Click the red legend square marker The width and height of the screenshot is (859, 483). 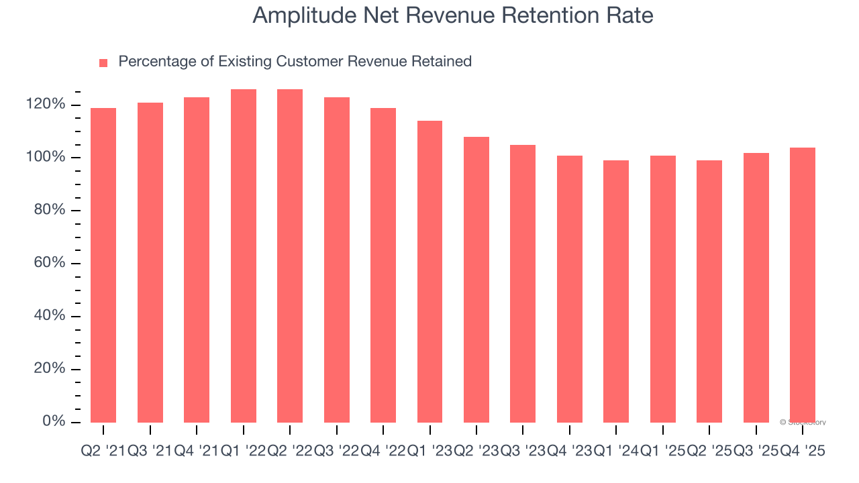103,63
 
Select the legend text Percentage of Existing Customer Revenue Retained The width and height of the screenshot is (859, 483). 295,62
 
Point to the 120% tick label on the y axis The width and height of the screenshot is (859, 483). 46,105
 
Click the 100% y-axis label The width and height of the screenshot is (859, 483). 46,158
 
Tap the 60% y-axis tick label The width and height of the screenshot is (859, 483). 49,263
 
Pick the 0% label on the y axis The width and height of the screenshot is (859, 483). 54,421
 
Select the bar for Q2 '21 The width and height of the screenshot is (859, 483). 103,265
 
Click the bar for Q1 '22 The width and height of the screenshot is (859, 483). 244,256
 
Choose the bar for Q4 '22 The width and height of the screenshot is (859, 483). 383,265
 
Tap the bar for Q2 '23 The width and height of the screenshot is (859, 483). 476,279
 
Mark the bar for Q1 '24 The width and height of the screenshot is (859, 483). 616,291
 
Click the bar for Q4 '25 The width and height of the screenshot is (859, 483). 803,284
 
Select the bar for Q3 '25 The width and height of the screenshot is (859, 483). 756,287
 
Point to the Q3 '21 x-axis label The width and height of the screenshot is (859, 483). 150,452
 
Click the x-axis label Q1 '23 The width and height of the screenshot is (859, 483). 429,452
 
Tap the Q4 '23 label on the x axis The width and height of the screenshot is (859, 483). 570,452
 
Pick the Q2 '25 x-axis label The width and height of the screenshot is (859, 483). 709,452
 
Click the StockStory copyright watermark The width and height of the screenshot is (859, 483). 803,423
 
